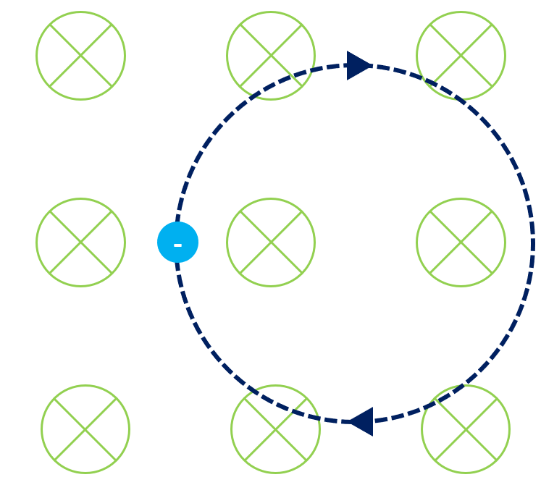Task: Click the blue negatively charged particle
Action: coord(177,242)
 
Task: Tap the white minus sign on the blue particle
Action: coord(177,244)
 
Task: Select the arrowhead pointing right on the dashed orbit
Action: coord(358,65)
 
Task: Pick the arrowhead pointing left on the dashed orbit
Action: coord(361,421)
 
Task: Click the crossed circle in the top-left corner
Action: coord(80,56)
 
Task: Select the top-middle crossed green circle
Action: coord(271,56)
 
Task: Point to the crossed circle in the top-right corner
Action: coord(461,56)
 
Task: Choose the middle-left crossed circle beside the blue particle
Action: coord(80,242)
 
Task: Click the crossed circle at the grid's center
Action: coord(271,242)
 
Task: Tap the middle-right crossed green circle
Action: coord(461,242)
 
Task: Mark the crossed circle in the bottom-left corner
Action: coord(85,429)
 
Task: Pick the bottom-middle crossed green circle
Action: coord(275,429)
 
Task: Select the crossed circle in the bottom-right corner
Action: coord(465,429)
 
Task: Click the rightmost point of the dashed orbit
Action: coord(533,243)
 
